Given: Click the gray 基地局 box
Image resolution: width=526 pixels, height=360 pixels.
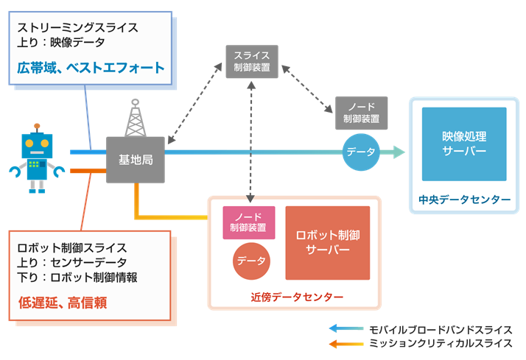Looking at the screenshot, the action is coord(136,160).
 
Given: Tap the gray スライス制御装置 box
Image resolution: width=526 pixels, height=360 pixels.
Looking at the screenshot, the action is coord(252,62).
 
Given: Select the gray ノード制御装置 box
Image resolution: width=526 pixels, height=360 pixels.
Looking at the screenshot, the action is coord(361,113).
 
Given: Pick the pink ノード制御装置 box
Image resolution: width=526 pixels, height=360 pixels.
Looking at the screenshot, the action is coord(249,222).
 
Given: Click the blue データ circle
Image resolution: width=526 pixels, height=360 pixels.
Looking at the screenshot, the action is coord(361,152).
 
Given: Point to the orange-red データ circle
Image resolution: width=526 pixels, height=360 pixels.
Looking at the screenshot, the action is coord(251,261).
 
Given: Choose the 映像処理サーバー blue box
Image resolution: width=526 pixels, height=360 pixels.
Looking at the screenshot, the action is coord(464,144).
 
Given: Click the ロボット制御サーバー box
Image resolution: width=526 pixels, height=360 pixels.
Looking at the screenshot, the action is coord(328,243).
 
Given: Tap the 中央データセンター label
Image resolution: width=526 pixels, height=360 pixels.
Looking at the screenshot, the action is coord(465,200).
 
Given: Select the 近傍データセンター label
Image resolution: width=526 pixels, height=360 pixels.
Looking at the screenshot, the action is coord(297,297).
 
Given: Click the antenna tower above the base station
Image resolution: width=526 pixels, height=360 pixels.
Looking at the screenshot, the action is coord(136,118).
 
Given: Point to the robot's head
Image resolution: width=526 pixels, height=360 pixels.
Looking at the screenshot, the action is coord(37,146).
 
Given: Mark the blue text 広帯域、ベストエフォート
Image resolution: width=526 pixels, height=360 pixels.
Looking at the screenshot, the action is coord(91,68).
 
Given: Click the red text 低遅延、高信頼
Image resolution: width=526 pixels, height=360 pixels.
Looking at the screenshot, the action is coord(63,303).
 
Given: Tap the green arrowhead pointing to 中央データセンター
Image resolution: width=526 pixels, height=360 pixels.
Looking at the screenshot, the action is coord(399,152).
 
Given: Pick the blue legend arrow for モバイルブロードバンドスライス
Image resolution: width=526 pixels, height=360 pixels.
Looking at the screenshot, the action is coord(346,328).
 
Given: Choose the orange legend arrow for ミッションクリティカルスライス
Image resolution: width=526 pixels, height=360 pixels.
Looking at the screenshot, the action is coord(346,344).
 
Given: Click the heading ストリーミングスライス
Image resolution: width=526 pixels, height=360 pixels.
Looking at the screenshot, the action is coord(78,27).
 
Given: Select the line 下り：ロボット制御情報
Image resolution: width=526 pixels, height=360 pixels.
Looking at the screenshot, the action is coord(77,278).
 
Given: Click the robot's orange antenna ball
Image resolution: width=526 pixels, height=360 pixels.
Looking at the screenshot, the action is coord(37,126).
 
